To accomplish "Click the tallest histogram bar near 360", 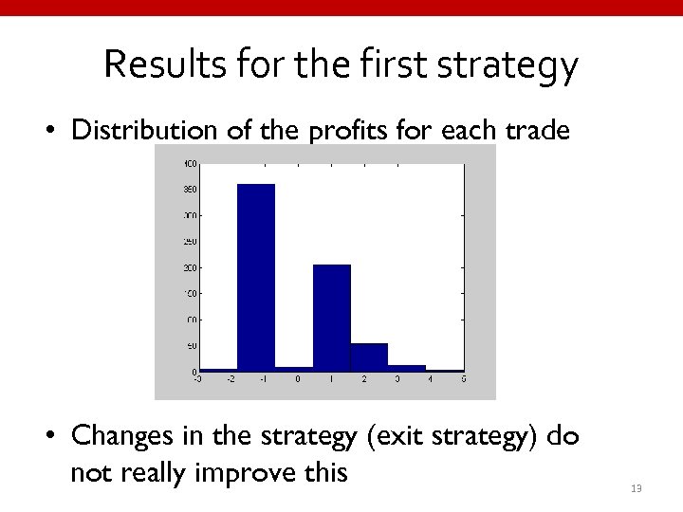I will (x=255, y=277).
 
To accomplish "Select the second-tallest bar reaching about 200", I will (x=331, y=318).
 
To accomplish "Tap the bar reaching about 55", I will (x=369, y=357).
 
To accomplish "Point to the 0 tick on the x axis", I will (x=297, y=379).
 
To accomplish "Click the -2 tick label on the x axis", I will (x=230, y=379).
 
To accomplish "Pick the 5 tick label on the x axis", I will (x=463, y=379).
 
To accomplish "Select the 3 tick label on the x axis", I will (x=397, y=379).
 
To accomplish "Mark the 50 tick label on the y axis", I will (x=190, y=346).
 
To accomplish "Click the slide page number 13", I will (x=636, y=488).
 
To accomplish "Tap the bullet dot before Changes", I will (x=53, y=436).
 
